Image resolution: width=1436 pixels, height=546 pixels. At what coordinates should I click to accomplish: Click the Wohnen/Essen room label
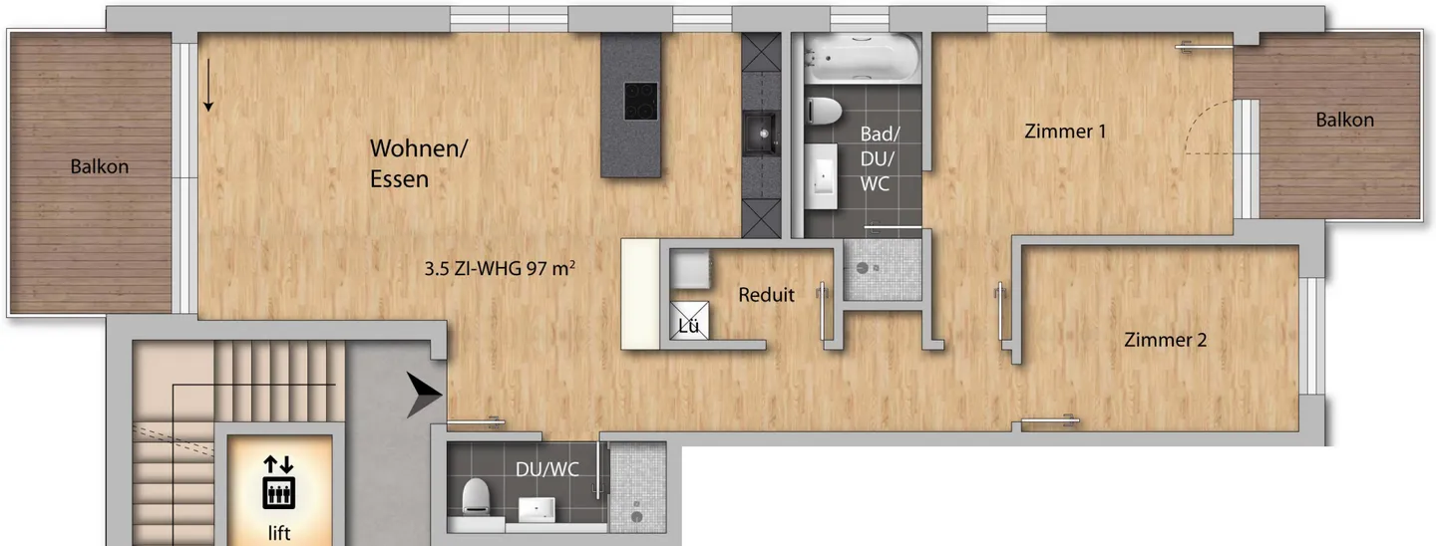click(418, 163)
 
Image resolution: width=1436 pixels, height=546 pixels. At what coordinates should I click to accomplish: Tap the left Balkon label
click(99, 166)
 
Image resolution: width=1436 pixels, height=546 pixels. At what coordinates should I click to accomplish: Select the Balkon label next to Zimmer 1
click(1344, 120)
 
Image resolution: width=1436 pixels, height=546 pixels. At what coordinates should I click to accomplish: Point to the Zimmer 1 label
click(1065, 131)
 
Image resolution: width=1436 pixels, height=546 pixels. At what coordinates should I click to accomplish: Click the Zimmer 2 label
click(1165, 340)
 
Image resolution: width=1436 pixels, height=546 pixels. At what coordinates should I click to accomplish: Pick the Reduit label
click(766, 295)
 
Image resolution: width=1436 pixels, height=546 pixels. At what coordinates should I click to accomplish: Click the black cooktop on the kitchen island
click(640, 101)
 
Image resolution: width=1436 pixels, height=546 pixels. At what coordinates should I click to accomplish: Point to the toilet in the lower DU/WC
click(476, 495)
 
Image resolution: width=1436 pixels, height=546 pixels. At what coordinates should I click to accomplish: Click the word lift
click(278, 534)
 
